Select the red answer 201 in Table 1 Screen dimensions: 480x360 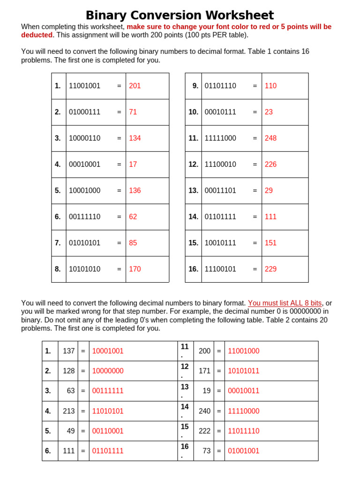pos(135,86)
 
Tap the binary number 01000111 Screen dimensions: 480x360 pos(84,112)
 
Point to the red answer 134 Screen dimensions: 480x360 pos(135,138)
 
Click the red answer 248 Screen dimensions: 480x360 pos(270,138)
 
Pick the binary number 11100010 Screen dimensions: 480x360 pos(220,165)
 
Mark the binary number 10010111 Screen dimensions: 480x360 pos(220,243)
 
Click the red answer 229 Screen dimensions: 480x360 pos(270,269)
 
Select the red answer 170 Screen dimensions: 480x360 pos(135,269)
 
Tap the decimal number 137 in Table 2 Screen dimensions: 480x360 pos(69,351)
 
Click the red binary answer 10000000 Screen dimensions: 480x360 pos(108,371)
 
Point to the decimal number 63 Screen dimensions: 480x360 pos(71,391)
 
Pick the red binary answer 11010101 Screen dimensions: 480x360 pos(108,411)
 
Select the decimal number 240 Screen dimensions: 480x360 pos(205,411)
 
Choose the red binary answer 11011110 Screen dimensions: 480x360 pos(243,431)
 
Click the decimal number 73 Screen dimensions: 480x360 pos(207,451)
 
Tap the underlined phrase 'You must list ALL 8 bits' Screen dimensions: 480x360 pos(285,303)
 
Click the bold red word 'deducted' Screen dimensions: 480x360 pos(37,35)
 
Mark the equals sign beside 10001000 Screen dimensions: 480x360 pos(119,191)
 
